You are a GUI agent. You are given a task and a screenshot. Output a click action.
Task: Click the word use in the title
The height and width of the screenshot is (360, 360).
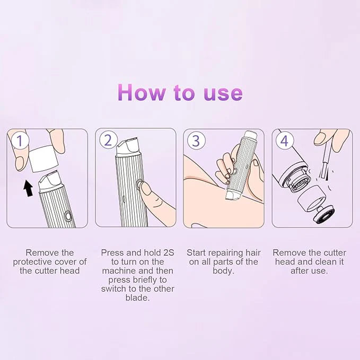tap(223, 93)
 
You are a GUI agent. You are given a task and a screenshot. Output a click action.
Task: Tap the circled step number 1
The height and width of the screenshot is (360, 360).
tap(20, 141)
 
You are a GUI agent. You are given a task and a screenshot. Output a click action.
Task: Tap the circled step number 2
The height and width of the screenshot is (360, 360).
tap(108, 141)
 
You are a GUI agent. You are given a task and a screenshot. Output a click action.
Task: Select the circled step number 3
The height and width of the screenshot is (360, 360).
tap(196, 141)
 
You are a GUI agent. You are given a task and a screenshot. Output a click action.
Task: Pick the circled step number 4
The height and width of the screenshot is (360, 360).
tap(285, 141)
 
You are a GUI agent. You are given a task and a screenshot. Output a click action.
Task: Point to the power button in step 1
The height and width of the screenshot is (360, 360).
tap(68, 216)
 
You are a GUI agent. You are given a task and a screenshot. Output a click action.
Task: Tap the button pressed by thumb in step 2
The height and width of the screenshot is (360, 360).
tap(140, 185)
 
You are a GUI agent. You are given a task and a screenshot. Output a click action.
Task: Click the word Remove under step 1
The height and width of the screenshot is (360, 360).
tap(41, 252)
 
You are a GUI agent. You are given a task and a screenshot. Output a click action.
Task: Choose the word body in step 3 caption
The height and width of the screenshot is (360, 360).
tap(223, 270)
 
